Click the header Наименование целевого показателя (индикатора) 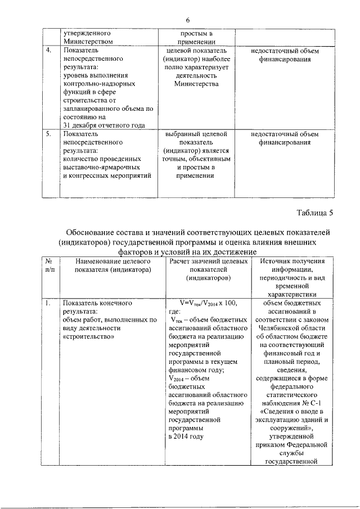107,266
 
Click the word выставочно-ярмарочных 101,168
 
